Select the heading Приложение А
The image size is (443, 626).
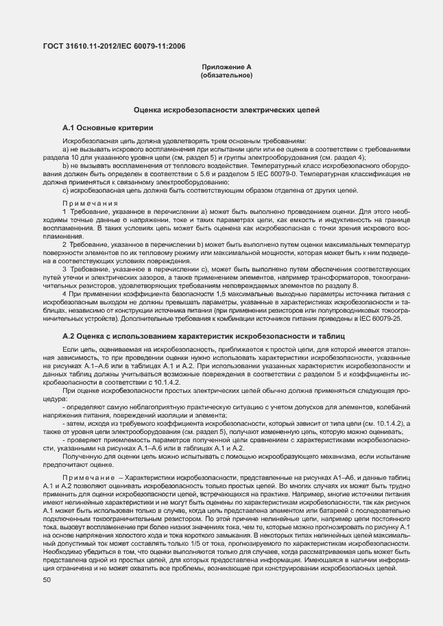click(226, 67)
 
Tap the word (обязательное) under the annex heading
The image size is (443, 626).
click(226, 75)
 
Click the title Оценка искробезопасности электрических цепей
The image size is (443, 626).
click(226, 110)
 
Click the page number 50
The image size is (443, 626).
click(46, 580)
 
